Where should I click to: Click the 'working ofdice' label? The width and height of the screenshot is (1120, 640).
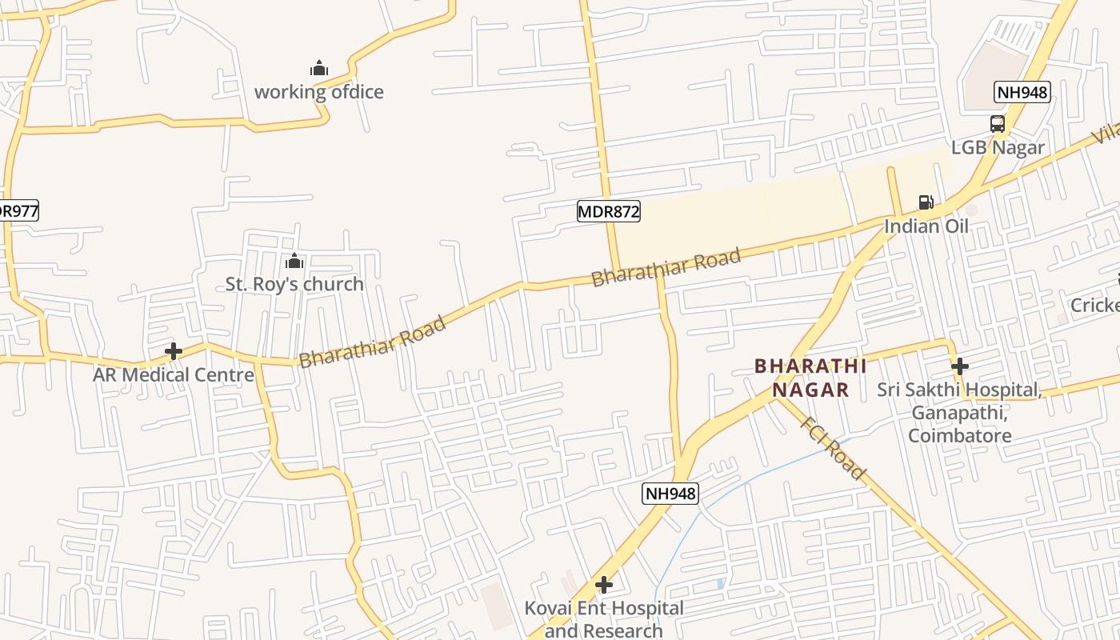pyautogui.click(x=318, y=92)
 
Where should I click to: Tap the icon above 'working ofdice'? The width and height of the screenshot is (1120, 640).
pyautogui.click(x=318, y=69)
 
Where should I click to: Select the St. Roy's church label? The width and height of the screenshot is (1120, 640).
pyautogui.click(x=294, y=284)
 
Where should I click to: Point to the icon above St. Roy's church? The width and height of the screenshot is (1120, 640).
pyautogui.click(x=294, y=261)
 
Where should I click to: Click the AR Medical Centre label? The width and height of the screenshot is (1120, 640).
pyautogui.click(x=174, y=374)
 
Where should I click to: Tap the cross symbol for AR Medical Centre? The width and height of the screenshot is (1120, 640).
pyautogui.click(x=173, y=351)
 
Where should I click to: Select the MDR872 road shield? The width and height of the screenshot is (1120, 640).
pyautogui.click(x=608, y=212)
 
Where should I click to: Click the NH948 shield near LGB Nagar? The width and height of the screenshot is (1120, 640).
pyautogui.click(x=1022, y=93)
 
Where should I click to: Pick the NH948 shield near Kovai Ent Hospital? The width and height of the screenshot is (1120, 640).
pyautogui.click(x=670, y=494)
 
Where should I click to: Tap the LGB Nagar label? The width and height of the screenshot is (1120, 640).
pyautogui.click(x=997, y=147)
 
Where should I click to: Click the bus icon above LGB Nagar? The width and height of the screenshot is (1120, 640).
pyautogui.click(x=997, y=124)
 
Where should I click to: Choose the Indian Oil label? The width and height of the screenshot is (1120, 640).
pyautogui.click(x=926, y=226)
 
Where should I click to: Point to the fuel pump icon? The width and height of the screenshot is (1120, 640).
pyautogui.click(x=926, y=202)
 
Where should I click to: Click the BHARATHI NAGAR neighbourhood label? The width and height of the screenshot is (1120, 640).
pyautogui.click(x=810, y=378)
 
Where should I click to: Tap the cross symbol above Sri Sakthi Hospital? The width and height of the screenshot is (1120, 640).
pyautogui.click(x=959, y=366)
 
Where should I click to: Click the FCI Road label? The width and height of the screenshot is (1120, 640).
pyautogui.click(x=832, y=448)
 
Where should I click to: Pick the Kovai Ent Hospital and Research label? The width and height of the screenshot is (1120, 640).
pyautogui.click(x=604, y=619)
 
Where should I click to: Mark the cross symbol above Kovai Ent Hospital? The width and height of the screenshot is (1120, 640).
pyautogui.click(x=604, y=585)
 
